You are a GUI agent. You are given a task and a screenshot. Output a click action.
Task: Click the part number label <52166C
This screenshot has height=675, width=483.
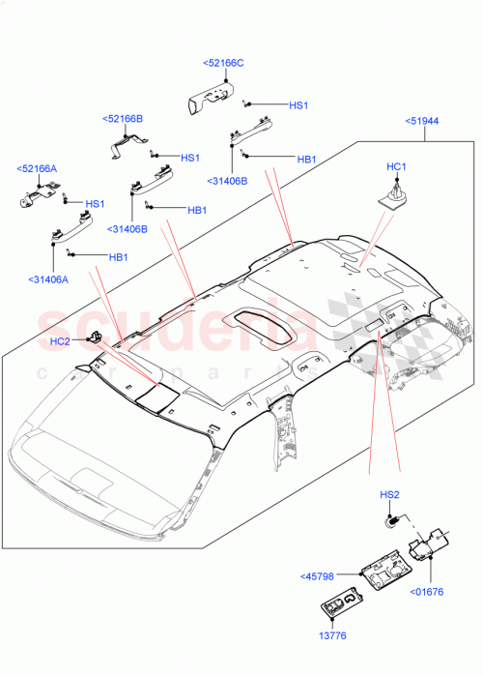coord(223,63)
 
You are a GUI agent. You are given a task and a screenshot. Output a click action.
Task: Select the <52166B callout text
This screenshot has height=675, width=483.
coord(123,118)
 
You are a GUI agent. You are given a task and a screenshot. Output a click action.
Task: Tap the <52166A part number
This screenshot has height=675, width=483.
coord(37,168)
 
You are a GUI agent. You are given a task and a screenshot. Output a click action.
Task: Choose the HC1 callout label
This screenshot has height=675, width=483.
coord(396,167)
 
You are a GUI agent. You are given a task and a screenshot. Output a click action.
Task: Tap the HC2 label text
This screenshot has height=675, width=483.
coord(60,340)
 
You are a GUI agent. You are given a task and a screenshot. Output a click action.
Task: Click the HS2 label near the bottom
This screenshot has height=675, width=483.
coord(389,496)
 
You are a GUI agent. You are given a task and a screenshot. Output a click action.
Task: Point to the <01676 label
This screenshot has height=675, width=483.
coord(427,592)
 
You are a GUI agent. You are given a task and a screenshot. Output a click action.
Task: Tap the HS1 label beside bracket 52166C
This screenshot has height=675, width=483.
coord(298,105)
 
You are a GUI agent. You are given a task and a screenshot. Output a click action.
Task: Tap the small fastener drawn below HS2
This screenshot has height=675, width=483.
coord(393,521)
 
